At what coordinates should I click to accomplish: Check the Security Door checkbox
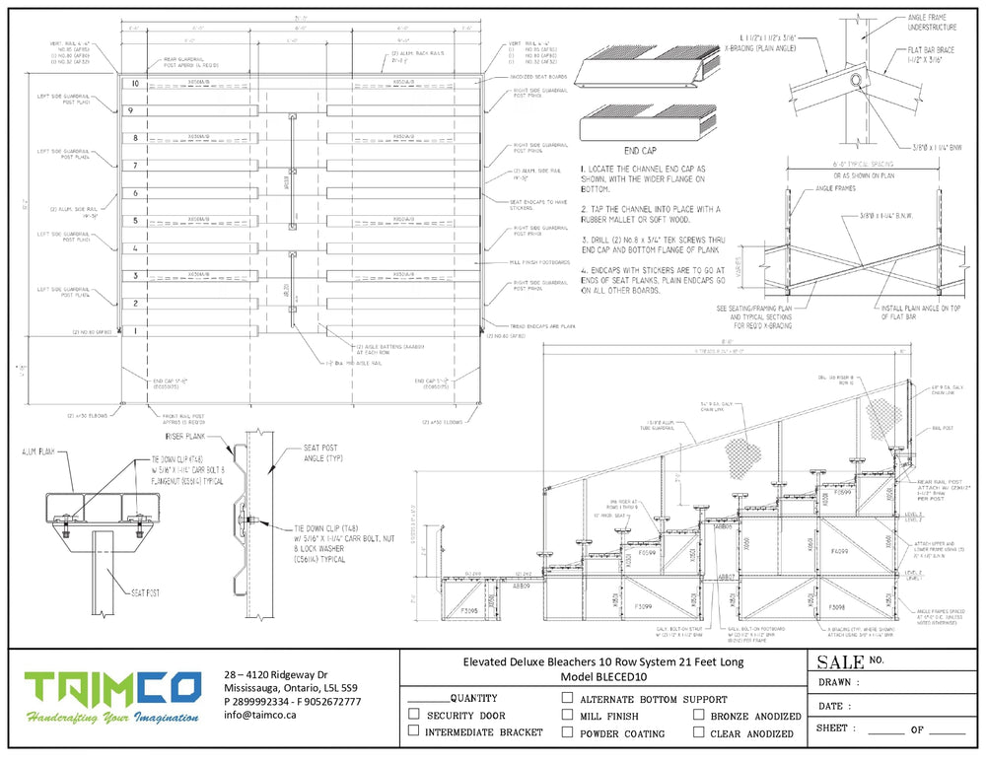[413, 715]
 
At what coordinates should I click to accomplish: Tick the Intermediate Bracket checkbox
[413, 731]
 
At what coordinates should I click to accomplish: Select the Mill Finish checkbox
[567, 715]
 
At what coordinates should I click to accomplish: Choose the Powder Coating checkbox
[567, 731]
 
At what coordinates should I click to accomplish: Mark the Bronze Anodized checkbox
[698, 715]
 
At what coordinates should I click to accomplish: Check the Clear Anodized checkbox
[698, 731]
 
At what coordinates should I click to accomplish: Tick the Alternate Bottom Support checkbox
[567, 698]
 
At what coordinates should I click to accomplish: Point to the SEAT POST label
[146, 592]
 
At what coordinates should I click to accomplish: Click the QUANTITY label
[472, 698]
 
